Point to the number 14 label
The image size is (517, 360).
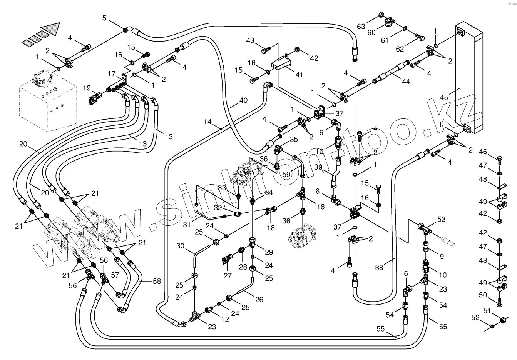pos(207,122)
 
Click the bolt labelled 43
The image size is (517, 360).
pos(265,50)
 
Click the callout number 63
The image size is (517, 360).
pos(361,27)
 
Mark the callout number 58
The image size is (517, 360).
pos(156,282)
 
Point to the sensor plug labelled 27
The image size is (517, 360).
pos(227,260)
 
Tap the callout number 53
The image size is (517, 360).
pos(441,219)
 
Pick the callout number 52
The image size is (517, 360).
pos(475,318)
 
